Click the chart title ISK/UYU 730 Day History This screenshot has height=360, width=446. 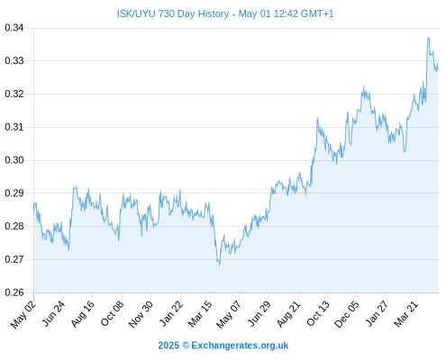click(x=173, y=13)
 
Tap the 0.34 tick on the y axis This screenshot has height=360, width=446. click(x=14, y=28)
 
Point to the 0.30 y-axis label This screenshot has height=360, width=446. click(x=14, y=160)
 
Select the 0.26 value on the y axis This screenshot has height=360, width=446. click(x=14, y=292)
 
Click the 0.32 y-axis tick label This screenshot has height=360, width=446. click(x=14, y=94)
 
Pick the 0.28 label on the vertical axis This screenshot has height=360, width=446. click(x=14, y=226)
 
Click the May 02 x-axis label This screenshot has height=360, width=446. click(x=23, y=314)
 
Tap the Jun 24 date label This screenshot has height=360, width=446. click(x=53, y=314)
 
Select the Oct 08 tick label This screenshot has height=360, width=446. click(x=112, y=314)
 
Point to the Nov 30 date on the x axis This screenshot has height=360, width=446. click(x=141, y=314)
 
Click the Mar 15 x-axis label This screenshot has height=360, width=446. click(x=200, y=314)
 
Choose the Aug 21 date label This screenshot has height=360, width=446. click(x=288, y=314)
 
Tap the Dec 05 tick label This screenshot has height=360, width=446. click(x=347, y=314)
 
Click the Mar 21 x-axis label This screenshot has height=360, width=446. click(x=405, y=314)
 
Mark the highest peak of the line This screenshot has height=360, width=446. click(x=428, y=38)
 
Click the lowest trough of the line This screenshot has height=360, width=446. click(x=219, y=265)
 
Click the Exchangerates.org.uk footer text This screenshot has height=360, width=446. click(x=240, y=346)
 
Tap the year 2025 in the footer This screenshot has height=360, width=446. click(x=168, y=346)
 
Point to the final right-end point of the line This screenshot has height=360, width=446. click(x=438, y=70)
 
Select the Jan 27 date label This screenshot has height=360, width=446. click(x=377, y=314)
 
